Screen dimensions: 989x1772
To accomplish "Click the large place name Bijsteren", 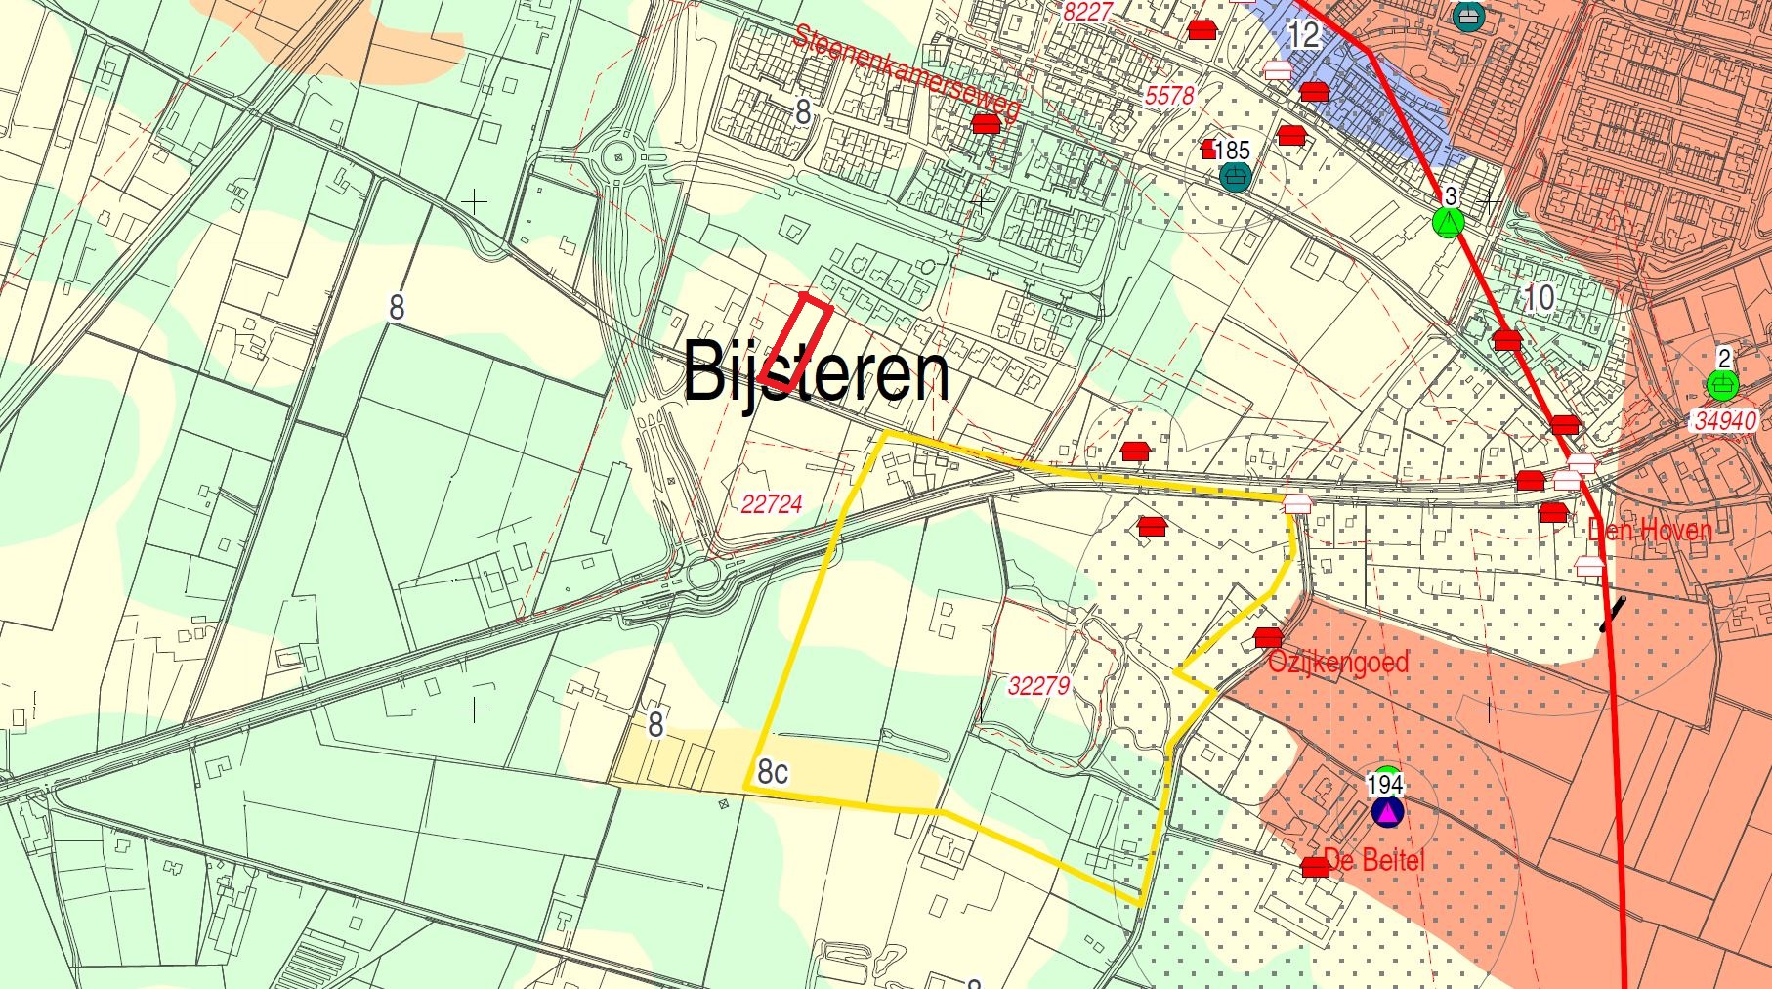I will [816, 372].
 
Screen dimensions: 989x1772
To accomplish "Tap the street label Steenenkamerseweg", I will [907, 73].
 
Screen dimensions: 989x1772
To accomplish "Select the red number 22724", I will [772, 504].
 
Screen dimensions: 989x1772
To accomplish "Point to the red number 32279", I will [1038, 686].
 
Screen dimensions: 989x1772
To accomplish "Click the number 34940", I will [1725, 421].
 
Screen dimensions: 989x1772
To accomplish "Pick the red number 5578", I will [1169, 96].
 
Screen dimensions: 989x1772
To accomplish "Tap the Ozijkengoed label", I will [1338, 663].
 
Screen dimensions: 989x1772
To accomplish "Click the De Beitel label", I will [1374, 861].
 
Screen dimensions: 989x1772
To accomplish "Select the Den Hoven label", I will [1650, 531].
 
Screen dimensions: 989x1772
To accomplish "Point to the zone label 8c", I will [773, 773].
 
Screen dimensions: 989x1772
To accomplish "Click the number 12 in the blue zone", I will [1304, 36].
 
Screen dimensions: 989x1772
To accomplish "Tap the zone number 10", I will [1539, 297].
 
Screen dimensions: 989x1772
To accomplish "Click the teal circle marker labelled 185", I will [1236, 176].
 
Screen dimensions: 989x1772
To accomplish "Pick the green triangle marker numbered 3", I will [1449, 223].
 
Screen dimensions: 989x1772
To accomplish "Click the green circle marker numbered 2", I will [1722, 385].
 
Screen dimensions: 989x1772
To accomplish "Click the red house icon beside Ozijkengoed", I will [1268, 637].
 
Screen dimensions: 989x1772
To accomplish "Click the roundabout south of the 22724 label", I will [703, 575].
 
